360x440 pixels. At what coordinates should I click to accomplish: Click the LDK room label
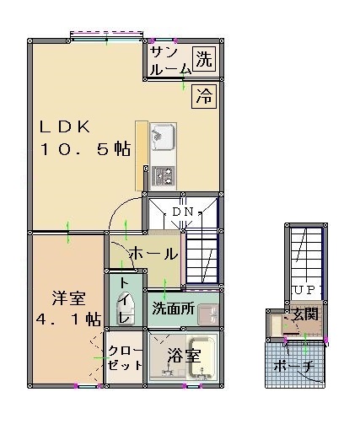click(x=65, y=127)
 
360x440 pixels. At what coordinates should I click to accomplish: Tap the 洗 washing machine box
click(x=204, y=59)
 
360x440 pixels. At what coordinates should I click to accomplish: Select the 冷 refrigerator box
click(x=204, y=96)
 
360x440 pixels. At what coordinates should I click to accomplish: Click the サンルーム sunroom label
click(x=170, y=61)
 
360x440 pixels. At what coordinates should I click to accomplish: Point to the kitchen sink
click(x=163, y=137)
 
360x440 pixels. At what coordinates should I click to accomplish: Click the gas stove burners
click(x=163, y=175)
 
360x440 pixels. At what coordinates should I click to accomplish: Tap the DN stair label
click(x=183, y=212)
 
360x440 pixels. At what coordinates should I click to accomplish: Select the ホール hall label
click(x=153, y=254)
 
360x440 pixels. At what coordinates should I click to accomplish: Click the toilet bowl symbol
click(x=126, y=309)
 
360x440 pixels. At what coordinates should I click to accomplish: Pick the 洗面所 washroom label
click(x=173, y=309)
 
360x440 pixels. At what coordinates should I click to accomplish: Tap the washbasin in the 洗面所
click(x=208, y=314)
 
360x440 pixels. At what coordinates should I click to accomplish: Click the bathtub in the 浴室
click(x=202, y=357)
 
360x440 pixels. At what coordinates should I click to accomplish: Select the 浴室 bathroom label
click(x=184, y=356)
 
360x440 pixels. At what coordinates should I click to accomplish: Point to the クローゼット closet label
click(x=125, y=357)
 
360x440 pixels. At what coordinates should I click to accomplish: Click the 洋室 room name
click(x=69, y=298)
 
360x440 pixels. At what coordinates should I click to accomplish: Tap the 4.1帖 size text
click(x=68, y=319)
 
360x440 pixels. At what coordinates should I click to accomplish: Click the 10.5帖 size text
click(x=86, y=149)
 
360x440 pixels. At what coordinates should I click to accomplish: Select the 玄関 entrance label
click(x=305, y=314)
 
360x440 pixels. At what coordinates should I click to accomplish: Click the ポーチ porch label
click(x=293, y=366)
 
